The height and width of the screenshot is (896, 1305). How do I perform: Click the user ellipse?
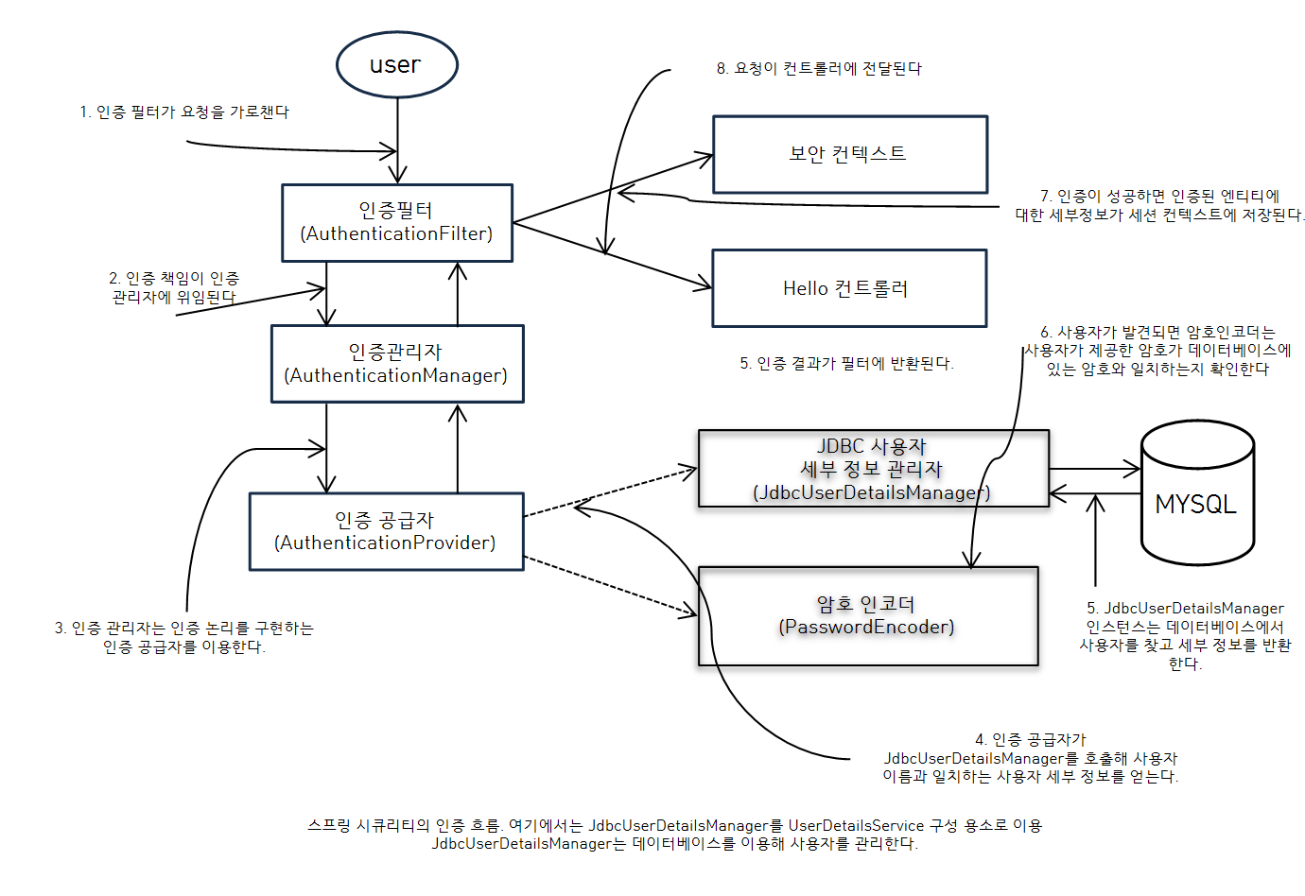(x=396, y=64)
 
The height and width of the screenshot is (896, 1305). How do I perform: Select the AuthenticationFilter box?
(x=396, y=223)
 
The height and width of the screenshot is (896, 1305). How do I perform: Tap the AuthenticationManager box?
(x=396, y=364)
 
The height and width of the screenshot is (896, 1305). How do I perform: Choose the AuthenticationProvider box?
(x=386, y=531)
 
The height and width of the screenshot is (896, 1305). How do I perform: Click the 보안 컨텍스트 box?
(x=849, y=154)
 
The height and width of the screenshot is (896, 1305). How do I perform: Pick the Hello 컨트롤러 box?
(x=848, y=288)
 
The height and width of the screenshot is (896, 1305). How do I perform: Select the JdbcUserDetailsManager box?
(x=872, y=469)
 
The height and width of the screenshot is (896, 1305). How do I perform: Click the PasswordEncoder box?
(x=867, y=616)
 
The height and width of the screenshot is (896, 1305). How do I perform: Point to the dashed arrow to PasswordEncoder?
(x=610, y=587)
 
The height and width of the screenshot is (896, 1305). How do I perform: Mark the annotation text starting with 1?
(x=184, y=112)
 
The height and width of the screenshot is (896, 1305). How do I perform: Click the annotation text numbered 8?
(x=819, y=68)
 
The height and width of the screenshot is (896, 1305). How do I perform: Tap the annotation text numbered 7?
(x=1159, y=205)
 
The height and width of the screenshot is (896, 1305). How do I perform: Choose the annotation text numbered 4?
(x=1030, y=758)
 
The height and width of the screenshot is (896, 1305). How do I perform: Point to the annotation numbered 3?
(x=183, y=637)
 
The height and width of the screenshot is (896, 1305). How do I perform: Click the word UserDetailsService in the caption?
(x=856, y=825)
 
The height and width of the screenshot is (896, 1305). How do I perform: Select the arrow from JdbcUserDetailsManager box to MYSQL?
(x=1095, y=469)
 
